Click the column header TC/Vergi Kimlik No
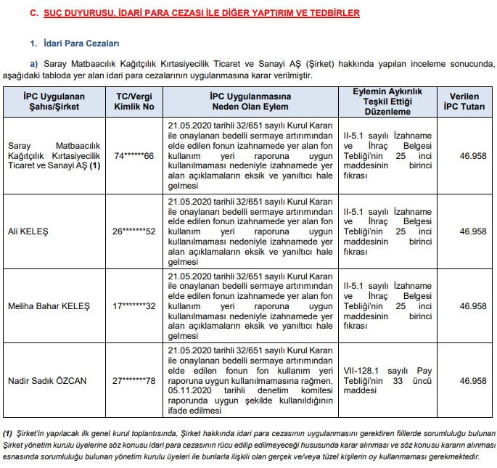pos(135,102)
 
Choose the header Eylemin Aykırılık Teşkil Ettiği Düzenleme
pos(387,102)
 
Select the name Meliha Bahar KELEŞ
pos(48,306)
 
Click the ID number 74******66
pos(134,156)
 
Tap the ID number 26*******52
pos(135,231)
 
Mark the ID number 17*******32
pos(135,306)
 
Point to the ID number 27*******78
pos(135,381)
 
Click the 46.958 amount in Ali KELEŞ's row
pos(473,231)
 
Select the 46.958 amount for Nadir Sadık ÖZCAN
pos(473,381)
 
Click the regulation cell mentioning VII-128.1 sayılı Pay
pos(387,380)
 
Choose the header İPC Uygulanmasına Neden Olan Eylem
pos(250,102)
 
